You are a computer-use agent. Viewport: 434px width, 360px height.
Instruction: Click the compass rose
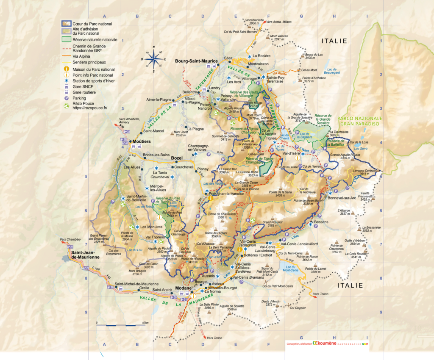point(153,59)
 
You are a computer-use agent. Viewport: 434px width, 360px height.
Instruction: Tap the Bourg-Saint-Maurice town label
point(196,61)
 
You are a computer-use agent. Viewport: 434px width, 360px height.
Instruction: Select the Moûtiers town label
point(142,141)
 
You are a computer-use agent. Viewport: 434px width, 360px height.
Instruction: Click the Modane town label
point(184,286)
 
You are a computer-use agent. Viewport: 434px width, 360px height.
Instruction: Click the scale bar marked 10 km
point(122,325)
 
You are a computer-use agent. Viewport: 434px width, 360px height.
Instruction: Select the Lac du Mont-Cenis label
point(291,269)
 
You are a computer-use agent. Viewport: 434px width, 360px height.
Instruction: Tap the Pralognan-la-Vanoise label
point(227,193)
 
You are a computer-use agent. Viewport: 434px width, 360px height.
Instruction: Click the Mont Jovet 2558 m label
point(181,134)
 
